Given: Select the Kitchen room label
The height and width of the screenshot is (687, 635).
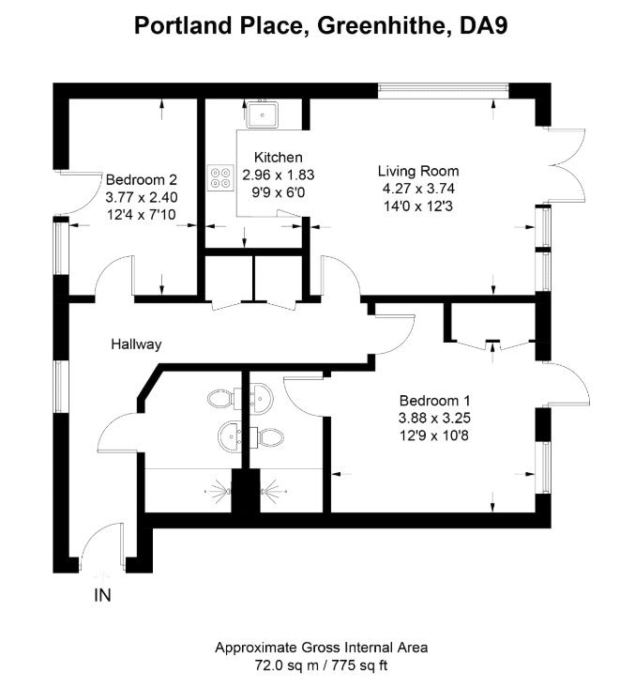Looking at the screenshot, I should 277,158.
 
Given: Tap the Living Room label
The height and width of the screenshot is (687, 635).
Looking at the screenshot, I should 418,170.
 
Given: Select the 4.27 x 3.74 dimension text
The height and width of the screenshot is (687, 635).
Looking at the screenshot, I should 418,187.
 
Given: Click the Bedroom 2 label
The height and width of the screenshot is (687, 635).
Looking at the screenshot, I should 141,180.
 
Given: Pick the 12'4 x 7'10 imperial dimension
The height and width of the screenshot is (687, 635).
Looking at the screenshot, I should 141,215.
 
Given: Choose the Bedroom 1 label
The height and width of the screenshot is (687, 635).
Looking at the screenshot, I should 434,397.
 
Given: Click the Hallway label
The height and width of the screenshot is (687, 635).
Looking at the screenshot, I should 135,344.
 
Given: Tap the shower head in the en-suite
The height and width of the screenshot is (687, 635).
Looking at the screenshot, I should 273,488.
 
